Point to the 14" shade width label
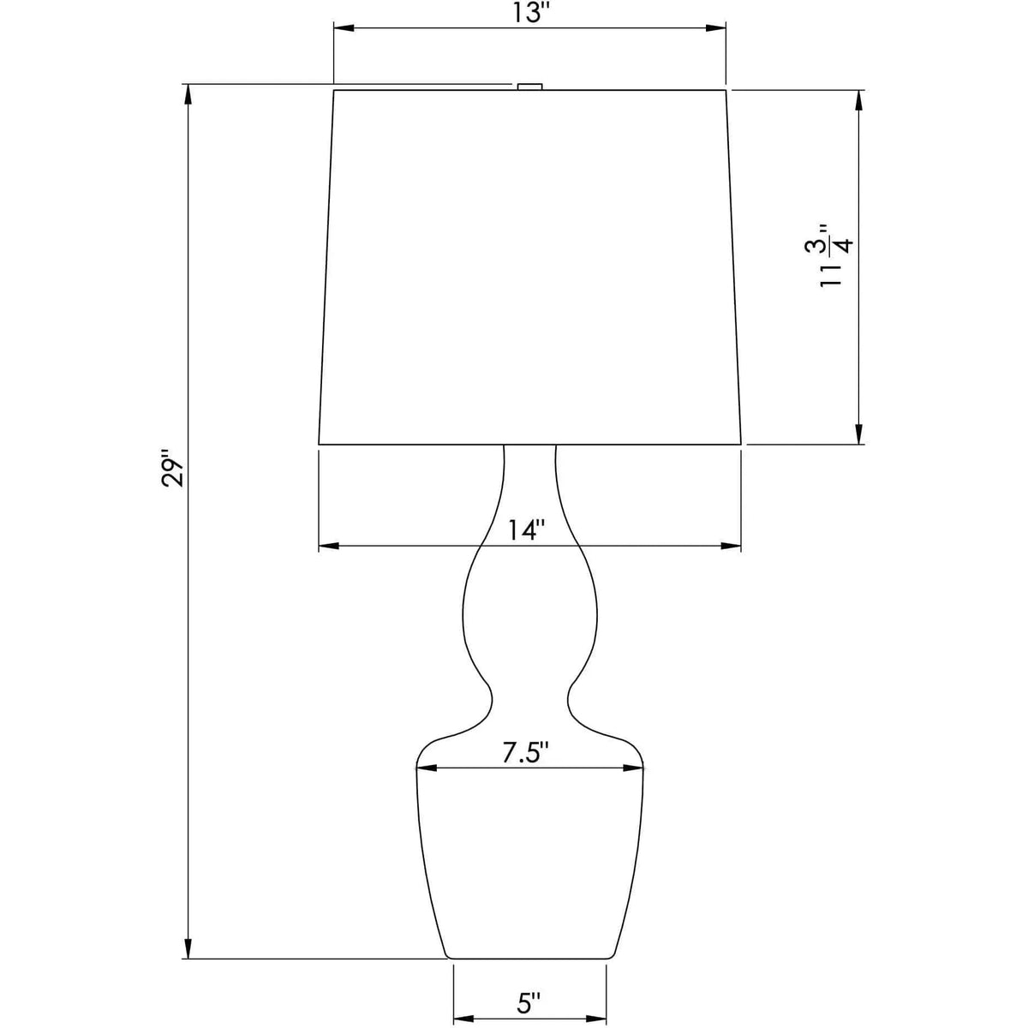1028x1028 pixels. pos(524,530)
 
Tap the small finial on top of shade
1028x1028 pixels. pos(529,85)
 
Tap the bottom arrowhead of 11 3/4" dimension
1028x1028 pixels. pos(858,435)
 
